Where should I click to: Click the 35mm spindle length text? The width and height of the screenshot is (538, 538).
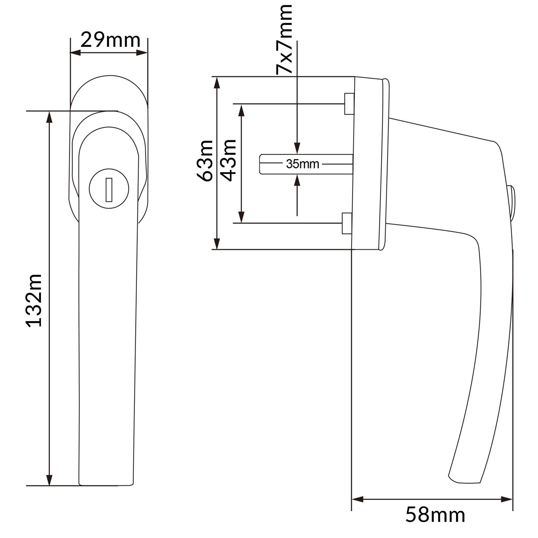tap(303, 164)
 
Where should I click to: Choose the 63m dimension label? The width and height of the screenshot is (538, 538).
tap(205, 161)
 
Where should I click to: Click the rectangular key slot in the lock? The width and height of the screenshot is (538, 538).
tap(108, 190)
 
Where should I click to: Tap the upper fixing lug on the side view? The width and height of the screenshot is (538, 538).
tap(349, 104)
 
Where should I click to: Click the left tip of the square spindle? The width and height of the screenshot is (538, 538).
tap(260, 164)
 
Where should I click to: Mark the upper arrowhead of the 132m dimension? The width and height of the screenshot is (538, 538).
tap(49, 116)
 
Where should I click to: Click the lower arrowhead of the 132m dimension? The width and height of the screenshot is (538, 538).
tap(49, 479)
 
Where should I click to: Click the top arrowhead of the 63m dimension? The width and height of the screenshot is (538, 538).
tap(218, 83)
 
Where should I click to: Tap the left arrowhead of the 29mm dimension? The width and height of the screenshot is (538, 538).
tap(75, 52)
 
